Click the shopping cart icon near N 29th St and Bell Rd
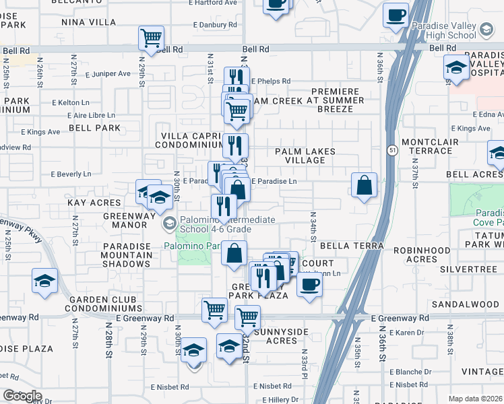[152, 38]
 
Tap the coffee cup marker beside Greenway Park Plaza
[309, 283]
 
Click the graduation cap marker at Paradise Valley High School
[457, 67]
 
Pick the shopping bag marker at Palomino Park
[234, 254]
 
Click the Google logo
[22, 396]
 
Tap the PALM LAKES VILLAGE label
[305, 156]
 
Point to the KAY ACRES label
[94, 202]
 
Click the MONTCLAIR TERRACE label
[429, 147]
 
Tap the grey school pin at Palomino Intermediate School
[170, 223]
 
